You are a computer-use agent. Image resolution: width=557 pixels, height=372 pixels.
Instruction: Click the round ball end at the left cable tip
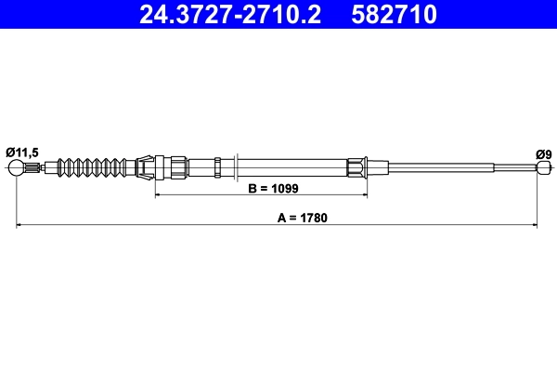[16, 168]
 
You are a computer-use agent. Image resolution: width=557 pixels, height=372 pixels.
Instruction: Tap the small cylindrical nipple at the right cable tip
[542, 168]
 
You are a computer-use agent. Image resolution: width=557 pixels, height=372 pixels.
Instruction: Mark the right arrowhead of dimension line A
[536, 225]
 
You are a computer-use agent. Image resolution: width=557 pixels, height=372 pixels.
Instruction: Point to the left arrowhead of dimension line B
[159, 195]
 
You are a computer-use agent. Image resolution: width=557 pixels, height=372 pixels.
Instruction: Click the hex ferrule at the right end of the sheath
[357, 168]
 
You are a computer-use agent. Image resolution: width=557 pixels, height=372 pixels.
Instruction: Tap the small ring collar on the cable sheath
[216, 168]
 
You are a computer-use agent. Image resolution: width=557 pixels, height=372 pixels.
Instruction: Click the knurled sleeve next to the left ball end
[33, 168]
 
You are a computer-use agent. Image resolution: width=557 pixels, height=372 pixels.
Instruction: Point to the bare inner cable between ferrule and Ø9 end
[446, 168]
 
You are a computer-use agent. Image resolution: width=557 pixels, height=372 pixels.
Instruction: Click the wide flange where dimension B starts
[157, 168]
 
